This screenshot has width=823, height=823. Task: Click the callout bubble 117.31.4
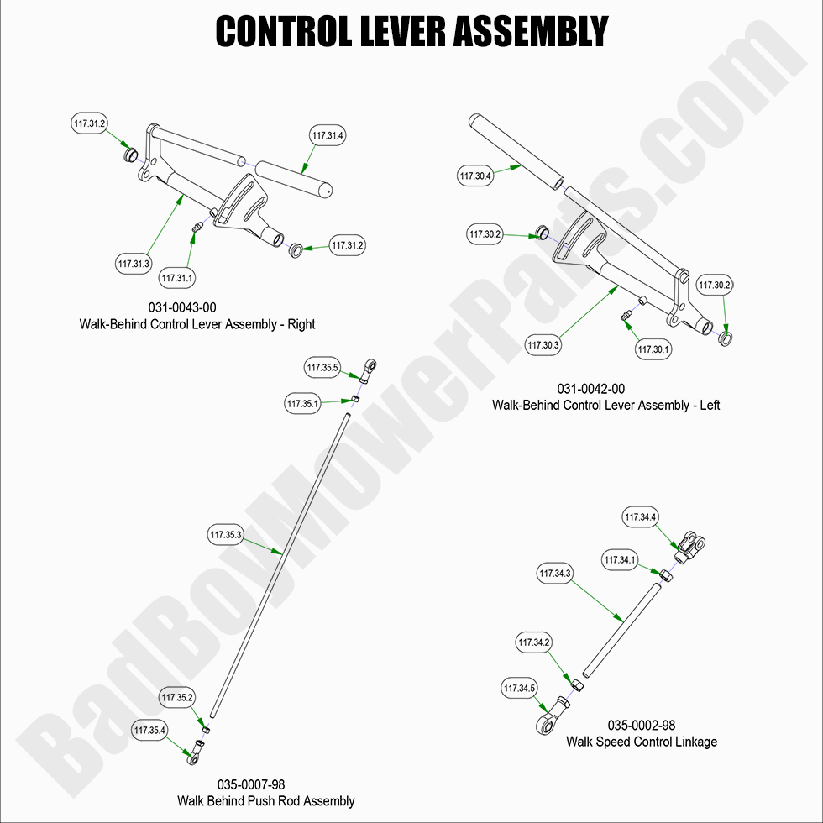pyautogui.click(x=328, y=135)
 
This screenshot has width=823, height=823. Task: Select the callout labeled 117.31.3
pyautogui.click(x=134, y=264)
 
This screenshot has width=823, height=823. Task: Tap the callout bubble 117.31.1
pyautogui.click(x=178, y=278)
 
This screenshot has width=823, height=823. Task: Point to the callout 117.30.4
pyautogui.click(x=476, y=176)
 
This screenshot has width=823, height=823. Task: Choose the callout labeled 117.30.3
pyautogui.click(x=543, y=344)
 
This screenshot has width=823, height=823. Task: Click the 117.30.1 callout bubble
pyautogui.click(x=654, y=349)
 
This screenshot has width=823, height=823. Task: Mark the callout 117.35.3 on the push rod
pyautogui.click(x=225, y=535)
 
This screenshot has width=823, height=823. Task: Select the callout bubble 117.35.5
pyautogui.click(x=323, y=368)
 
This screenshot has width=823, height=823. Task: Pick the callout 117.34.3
pyautogui.click(x=554, y=574)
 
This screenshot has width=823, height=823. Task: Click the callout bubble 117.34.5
pyautogui.click(x=520, y=689)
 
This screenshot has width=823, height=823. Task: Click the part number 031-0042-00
pyautogui.click(x=590, y=389)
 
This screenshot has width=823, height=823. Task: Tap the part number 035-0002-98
pyautogui.click(x=641, y=726)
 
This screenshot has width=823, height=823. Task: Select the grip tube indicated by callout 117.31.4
pyautogui.click(x=293, y=177)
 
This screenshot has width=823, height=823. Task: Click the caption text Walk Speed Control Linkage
pyautogui.click(x=641, y=742)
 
